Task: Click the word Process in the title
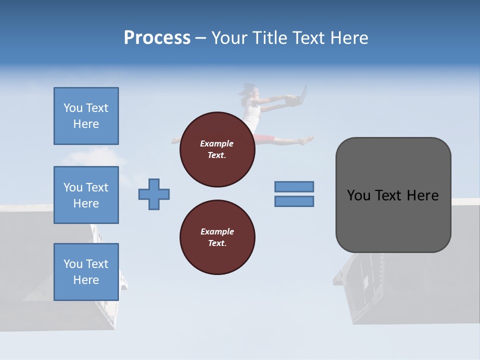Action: tap(157, 38)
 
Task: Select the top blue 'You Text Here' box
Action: tap(86, 116)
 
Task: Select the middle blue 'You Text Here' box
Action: tap(86, 195)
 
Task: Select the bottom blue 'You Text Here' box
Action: tap(86, 272)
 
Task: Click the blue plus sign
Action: tap(154, 194)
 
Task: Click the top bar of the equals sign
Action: tap(294, 187)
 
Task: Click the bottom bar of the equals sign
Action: tap(294, 201)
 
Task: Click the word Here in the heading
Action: tap(348, 38)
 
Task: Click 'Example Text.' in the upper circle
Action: tap(217, 149)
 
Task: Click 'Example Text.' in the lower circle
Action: tap(217, 237)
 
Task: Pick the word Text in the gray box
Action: tap(388, 195)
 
